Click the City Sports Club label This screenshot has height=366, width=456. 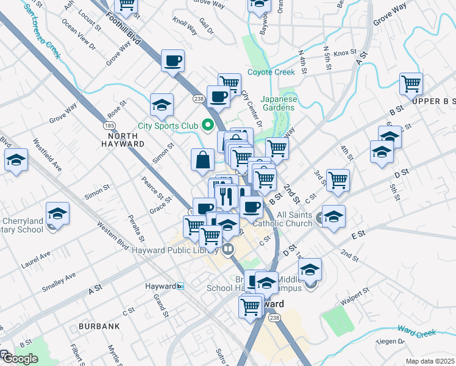pyautogui.click(x=168, y=126)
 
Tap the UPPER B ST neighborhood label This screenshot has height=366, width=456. pyautogui.click(x=432, y=100)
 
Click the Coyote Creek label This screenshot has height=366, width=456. pyautogui.click(x=271, y=72)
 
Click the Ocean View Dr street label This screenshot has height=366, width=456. pyautogui.click(x=79, y=37)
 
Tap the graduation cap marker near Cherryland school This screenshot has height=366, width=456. pyautogui.click(x=58, y=213)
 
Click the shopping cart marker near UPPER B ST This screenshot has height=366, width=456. pyautogui.click(x=411, y=84)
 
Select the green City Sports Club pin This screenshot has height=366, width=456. pyautogui.click(x=207, y=126)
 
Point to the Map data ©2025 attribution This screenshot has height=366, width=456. pyautogui.click(x=430, y=361)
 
